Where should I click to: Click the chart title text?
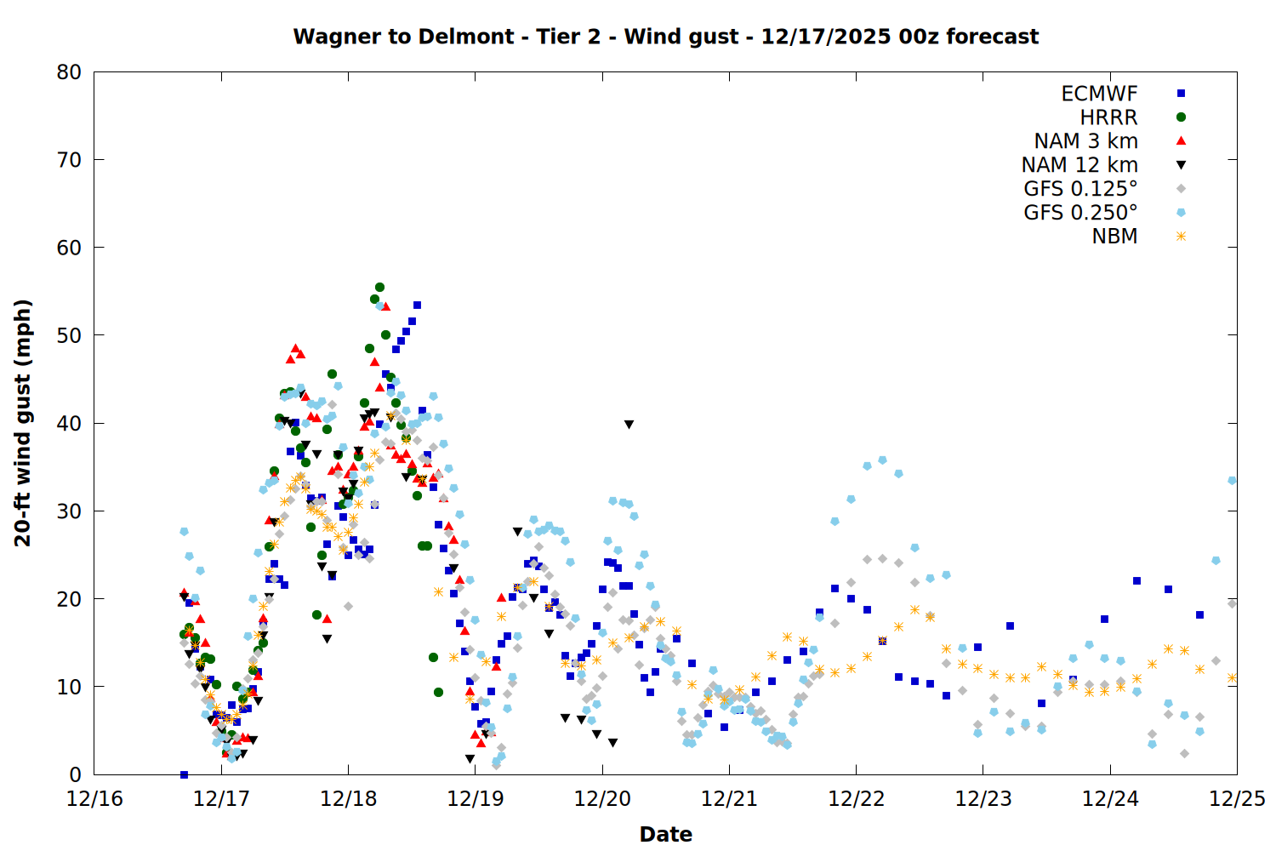[665, 37]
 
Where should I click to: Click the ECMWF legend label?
[1099, 94]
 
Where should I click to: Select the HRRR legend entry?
[1108, 117]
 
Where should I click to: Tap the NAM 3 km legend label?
[1085, 141]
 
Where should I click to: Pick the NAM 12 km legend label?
[1079, 165]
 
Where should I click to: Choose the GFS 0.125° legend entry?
[1080, 189]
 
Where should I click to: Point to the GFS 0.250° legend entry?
[1080, 213]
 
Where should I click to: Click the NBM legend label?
[1114, 237]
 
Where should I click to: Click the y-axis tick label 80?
[69, 72]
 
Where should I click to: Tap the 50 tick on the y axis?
[69, 335]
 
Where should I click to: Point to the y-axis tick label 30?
[69, 511]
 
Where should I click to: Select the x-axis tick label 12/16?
[94, 799]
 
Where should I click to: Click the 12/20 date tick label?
[602, 799]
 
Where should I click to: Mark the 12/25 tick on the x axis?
[1237, 799]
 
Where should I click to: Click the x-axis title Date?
[665, 834]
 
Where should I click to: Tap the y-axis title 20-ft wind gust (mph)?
[23, 423]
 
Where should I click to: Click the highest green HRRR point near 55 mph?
[379, 288]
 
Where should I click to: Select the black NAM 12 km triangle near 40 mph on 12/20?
[629, 424]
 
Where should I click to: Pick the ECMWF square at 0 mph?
[184, 774]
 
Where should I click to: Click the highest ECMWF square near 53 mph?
[417, 306]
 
